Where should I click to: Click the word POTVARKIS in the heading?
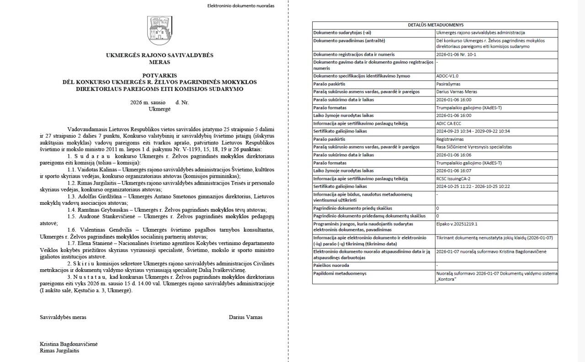pos(160,75)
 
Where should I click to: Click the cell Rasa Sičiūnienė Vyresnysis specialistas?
pos(474,147)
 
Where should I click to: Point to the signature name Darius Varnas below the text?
pos(246,317)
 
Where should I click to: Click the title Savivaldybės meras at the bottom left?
pos(63,317)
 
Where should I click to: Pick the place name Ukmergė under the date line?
pos(160,109)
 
